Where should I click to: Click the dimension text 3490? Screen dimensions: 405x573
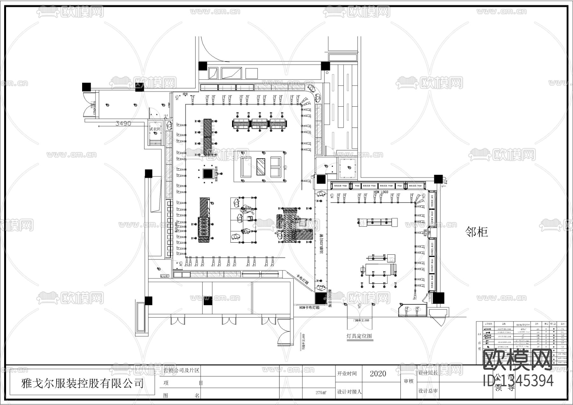pos(123,123)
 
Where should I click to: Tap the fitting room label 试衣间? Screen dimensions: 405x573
pos(155,129)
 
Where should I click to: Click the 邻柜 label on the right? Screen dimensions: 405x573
pos(477,232)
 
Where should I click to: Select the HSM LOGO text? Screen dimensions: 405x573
pos(381,192)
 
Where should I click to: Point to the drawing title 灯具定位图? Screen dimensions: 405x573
pos(359,336)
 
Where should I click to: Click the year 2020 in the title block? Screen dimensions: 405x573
pos(378,373)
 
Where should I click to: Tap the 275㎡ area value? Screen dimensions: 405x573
pos(321,392)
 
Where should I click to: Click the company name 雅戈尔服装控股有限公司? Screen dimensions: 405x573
pos(82,383)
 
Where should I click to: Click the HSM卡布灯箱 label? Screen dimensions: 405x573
pos(309,308)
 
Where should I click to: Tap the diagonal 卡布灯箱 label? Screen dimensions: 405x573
pos(303,280)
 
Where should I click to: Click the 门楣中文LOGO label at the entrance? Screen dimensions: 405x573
pos(359,320)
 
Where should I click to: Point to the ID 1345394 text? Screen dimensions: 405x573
pos(518,381)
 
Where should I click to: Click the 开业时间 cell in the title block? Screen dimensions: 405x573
pos(347,373)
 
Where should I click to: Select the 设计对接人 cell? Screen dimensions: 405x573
pos(349,392)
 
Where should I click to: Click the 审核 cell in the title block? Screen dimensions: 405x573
pos(408,381)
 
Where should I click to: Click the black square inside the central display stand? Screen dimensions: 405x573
pos(208,174)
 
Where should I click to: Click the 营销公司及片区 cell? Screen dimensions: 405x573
pos(181,371)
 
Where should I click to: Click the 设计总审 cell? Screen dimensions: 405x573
pos(428,391)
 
